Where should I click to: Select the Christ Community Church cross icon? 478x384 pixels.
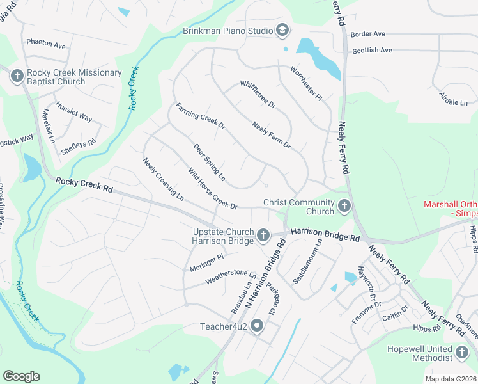344,207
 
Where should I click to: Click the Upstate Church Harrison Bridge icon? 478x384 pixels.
263,236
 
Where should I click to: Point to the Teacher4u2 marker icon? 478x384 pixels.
258,326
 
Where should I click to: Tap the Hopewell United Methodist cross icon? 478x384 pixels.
462,353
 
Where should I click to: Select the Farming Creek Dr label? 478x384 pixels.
201,116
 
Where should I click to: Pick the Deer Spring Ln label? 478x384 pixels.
210,161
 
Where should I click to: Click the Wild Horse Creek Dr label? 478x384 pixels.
213,189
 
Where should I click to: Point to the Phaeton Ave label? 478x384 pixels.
46,45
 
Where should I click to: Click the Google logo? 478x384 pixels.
21,376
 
